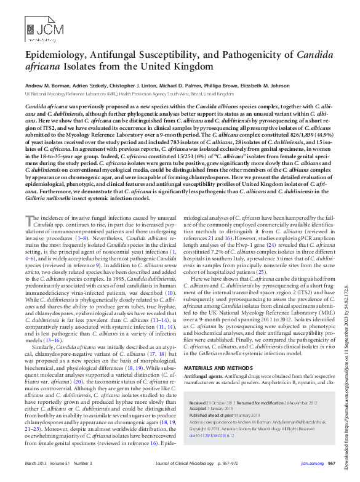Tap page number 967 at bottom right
coord(330,463)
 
